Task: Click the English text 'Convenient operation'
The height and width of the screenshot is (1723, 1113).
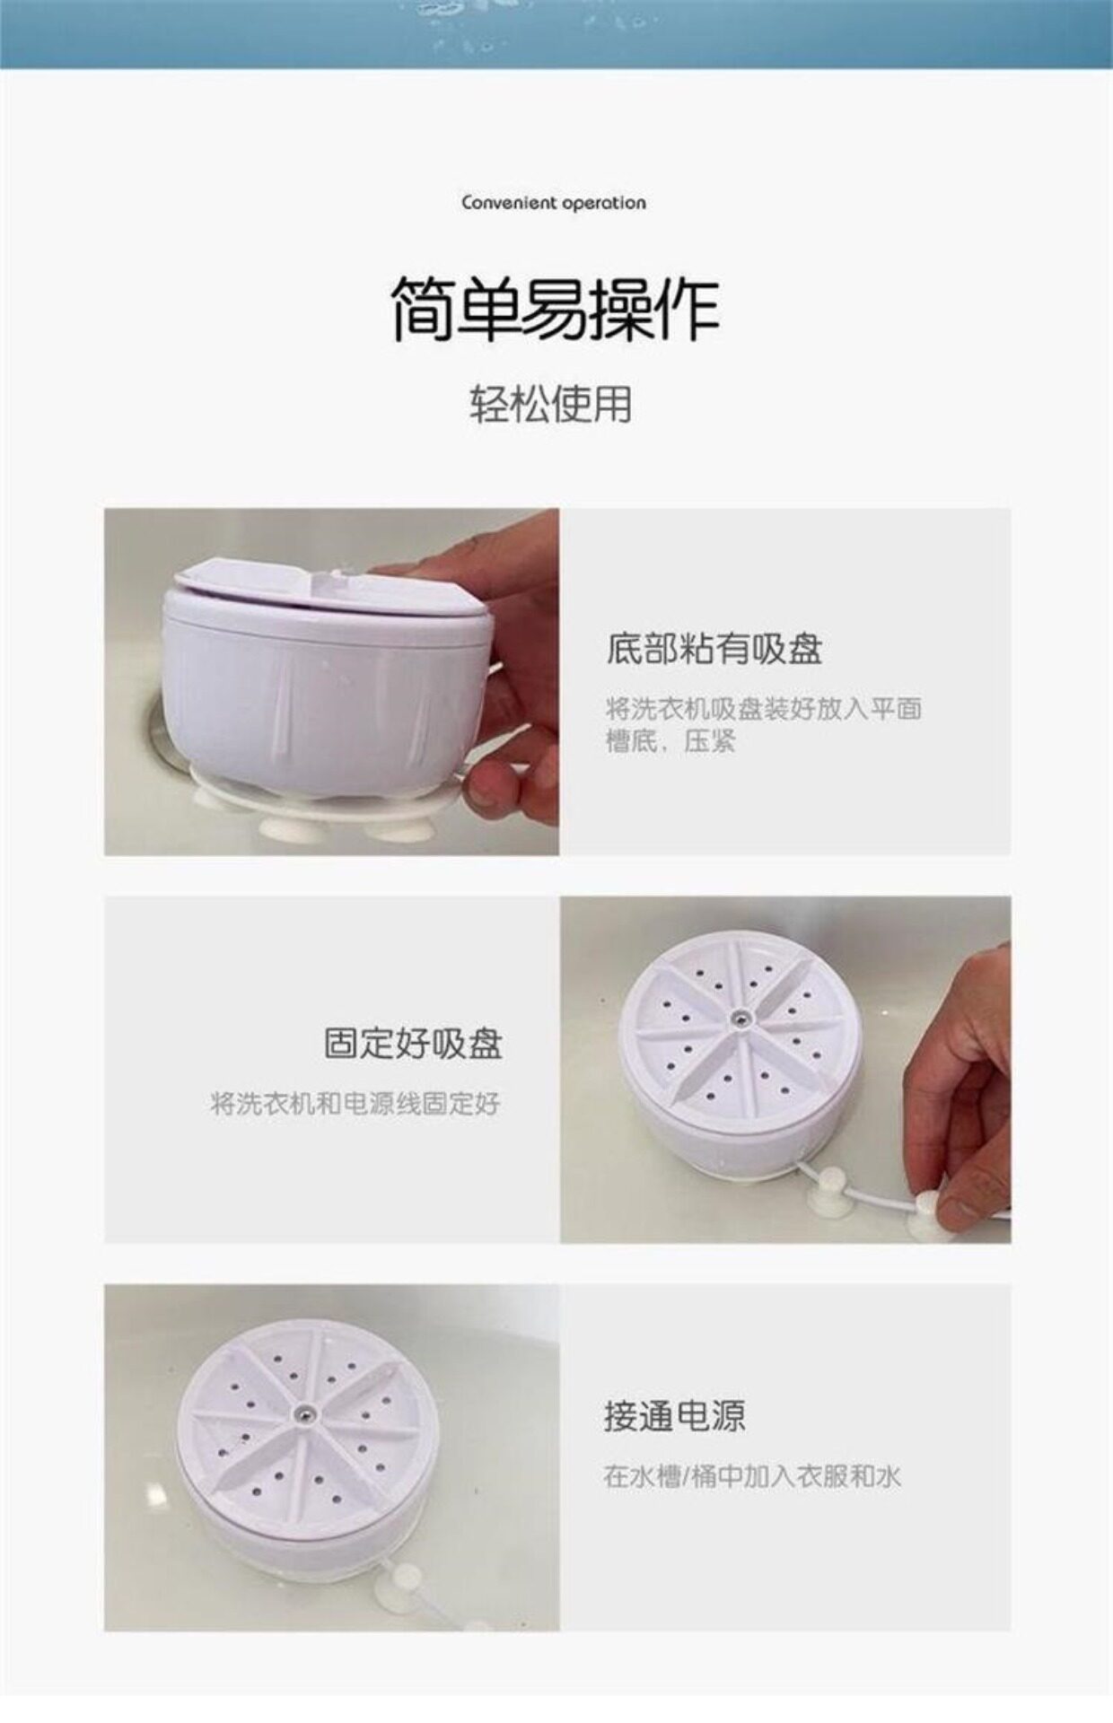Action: [x=554, y=203]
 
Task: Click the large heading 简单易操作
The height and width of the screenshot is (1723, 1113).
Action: [x=556, y=309]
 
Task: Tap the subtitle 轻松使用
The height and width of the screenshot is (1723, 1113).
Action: [x=551, y=404]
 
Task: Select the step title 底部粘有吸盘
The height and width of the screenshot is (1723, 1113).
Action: [x=714, y=649]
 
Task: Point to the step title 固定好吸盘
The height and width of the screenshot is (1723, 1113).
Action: [x=414, y=1044]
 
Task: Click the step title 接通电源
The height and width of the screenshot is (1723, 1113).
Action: [x=675, y=1416]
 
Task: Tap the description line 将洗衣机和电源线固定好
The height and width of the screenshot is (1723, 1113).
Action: [x=355, y=1104]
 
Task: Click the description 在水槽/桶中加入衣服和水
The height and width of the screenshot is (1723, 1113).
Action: [x=752, y=1476]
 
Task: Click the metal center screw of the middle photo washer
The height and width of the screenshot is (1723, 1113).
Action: [x=740, y=1018]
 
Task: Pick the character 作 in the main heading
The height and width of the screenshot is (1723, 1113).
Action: [x=688, y=309]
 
